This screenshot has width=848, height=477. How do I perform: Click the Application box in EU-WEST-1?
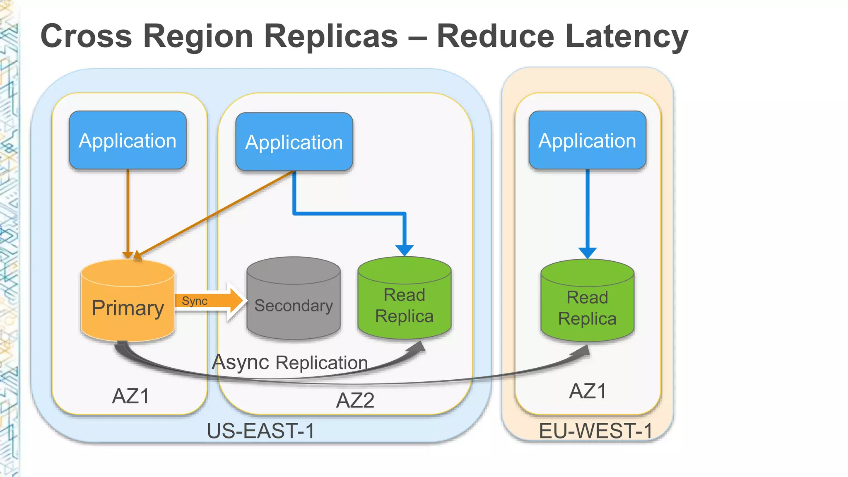(587, 140)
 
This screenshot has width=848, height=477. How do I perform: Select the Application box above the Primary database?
(128, 140)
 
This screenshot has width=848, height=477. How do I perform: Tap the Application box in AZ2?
(294, 142)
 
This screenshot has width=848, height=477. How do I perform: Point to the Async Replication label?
(290, 362)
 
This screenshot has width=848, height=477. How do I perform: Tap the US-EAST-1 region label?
(260, 431)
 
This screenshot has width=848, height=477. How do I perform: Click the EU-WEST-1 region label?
(595, 431)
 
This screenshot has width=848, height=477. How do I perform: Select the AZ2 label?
(355, 400)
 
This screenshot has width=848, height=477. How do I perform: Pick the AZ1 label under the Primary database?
(130, 396)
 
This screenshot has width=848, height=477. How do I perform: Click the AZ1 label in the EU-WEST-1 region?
(588, 391)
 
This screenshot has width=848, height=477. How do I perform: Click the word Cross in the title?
(86, 36)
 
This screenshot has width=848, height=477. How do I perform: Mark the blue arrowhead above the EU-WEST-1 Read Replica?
(587, 253)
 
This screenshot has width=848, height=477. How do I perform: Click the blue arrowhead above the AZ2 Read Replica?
(404, 250)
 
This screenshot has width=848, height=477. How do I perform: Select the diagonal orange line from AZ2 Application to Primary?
(215, 213)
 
